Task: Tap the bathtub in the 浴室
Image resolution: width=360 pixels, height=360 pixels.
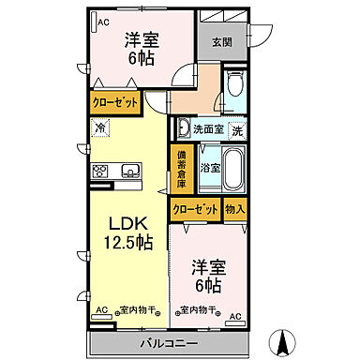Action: click(232, 169)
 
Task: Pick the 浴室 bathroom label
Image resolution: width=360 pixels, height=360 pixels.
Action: click(211, 169)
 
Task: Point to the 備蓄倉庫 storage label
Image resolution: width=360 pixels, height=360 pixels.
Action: click(181, 169)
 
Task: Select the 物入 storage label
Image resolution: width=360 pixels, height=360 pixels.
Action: click(234, 210)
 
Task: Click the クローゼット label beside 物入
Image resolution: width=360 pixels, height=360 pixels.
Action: click(195, 210)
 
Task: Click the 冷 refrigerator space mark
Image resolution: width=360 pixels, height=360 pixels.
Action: click(100, 127)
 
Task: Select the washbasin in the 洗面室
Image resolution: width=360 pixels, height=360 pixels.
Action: click(185, 128)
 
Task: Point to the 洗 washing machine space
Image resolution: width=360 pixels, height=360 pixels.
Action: click(238, 128)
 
